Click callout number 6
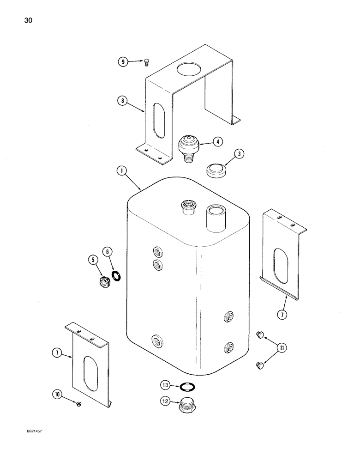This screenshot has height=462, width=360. tap(108, 252)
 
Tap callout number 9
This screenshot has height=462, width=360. tap(122, 61)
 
